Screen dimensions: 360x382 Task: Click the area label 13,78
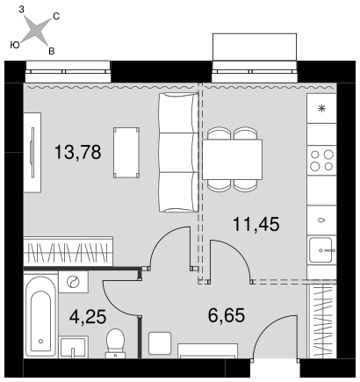coord(78,152)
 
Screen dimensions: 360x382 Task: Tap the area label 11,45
coord(256,225)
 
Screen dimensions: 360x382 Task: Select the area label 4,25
coord(88,317)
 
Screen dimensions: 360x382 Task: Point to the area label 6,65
coord(227,315)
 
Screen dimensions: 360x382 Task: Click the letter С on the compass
coord(56,17)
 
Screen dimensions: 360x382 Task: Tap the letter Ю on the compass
coord(15,45)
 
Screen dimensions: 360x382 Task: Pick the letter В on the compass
coord(52,52)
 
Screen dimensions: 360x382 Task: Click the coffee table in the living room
coord(126,153)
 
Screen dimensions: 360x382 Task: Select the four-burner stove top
coord(321,160)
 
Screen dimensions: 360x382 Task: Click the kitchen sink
coord(321,249)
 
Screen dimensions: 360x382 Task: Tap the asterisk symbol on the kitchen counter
coord(321,109)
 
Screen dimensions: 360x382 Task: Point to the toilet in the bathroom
coord(115,343)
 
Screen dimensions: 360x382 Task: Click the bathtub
coord(40,315)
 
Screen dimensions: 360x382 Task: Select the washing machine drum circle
coord(73,282)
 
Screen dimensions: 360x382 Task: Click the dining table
coord(232,160)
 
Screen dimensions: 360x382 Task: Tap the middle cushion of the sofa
coord(177,152)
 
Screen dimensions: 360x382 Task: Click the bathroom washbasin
coord(74,347)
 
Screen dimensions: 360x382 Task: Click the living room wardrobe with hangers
coord(68,252)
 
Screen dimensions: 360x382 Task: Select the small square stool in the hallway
coord(160,343)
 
